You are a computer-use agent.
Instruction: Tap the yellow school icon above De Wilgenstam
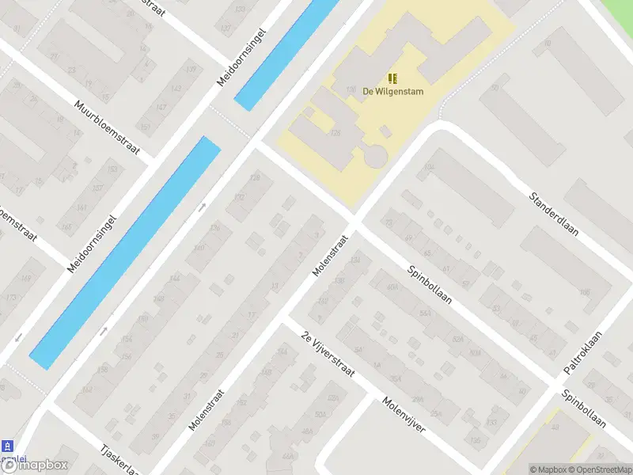coord(392,78)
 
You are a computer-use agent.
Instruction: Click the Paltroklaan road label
coord(583,353)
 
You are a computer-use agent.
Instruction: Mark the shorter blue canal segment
coord(286,53)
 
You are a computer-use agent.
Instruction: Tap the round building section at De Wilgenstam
coord(375,155)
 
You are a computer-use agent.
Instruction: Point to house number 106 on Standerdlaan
coord(585,293)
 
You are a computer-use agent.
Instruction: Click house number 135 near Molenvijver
coord(475,441)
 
